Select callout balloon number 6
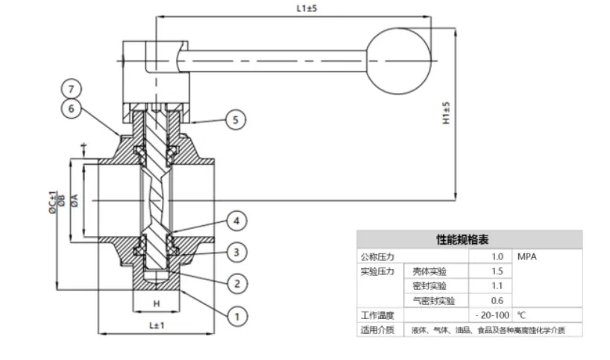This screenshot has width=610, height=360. point(71,108)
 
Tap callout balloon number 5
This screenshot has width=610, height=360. point(236,119)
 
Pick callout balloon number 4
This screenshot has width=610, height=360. point(236,221)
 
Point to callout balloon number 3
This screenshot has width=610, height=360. point(236,253)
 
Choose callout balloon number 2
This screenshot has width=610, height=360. point(236,283)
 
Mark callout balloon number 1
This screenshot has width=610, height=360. point(236,317)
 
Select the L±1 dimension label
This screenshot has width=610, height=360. point(157,325)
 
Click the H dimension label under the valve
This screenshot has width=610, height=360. point(156,303)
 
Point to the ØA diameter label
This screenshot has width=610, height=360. point(75,201)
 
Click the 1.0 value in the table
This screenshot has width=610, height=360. point(497,256)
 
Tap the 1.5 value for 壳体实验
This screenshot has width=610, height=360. point(497,271)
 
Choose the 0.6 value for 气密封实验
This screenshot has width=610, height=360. point(497,300)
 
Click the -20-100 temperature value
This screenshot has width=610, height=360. point(492,315)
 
